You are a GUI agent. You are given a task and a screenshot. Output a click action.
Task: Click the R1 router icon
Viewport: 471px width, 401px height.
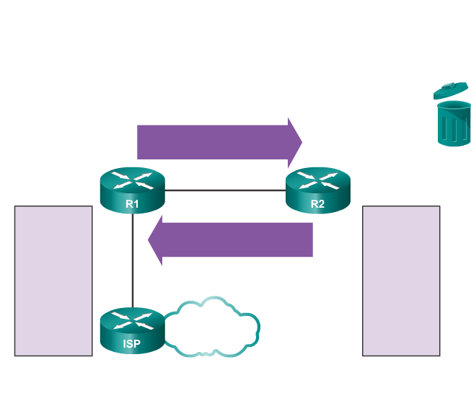click(132, 190)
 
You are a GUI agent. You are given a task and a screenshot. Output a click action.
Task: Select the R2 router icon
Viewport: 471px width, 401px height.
click(317, 190)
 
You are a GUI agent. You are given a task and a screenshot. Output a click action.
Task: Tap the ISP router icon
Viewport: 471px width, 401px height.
click(132, 330)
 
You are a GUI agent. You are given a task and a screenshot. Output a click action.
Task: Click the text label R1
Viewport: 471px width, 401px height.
click(132, 204)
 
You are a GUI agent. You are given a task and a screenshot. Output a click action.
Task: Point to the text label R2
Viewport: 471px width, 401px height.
click(317, 204)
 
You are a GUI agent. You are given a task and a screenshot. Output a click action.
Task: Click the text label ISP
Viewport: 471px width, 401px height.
click(132, 344)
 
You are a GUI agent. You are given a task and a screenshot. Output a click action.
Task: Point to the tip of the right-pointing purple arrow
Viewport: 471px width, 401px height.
click(300, 141)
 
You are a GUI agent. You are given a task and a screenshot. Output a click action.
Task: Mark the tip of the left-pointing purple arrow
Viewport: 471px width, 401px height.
click(149, 239)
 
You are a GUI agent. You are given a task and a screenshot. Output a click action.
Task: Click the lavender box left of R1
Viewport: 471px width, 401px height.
click(53, 281)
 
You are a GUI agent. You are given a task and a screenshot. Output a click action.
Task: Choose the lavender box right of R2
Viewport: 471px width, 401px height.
click(401, 281)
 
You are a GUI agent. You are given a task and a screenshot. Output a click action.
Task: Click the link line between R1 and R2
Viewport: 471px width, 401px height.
click(225, 191)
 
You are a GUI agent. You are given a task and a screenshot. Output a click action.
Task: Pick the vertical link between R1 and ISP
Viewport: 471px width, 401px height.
click(133, 260)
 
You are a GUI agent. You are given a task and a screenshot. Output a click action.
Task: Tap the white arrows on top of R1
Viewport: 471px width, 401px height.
click(132, 178)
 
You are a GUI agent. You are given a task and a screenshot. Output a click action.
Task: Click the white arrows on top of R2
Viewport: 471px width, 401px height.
click(317, 179)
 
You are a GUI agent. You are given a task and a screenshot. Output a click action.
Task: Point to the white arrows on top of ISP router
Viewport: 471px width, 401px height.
click(132, 318)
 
